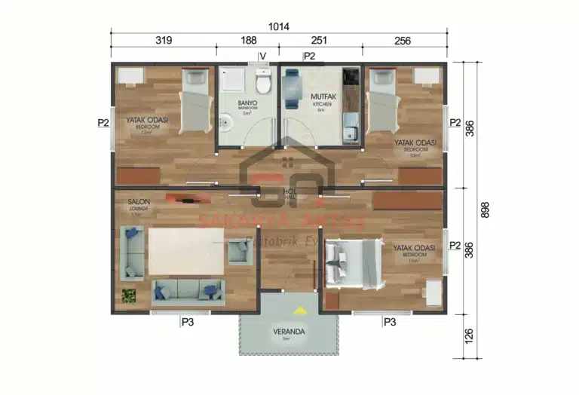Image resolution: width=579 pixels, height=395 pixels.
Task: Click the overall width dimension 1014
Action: pos(279,26)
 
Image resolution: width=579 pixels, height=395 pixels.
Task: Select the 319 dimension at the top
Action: pos(164,41)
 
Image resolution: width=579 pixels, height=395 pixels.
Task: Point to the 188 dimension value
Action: pos(247,41)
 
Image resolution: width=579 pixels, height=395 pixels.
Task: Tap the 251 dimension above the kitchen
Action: pos(320,41)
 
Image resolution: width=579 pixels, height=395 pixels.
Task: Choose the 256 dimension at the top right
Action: pos(402,41)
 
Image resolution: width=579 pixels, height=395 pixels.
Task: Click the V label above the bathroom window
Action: pos(263,56)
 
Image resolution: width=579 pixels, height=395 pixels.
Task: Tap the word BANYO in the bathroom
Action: pos(247,103)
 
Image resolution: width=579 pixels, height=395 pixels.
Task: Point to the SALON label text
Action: pos(138,202)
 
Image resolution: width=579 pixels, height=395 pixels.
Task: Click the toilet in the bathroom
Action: pos(262,78)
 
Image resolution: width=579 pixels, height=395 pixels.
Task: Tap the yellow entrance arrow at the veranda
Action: pos(300,309)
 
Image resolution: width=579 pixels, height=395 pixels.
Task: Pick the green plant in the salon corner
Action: pos(129,295)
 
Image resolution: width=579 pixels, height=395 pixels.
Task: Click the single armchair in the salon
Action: pos(239,251)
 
